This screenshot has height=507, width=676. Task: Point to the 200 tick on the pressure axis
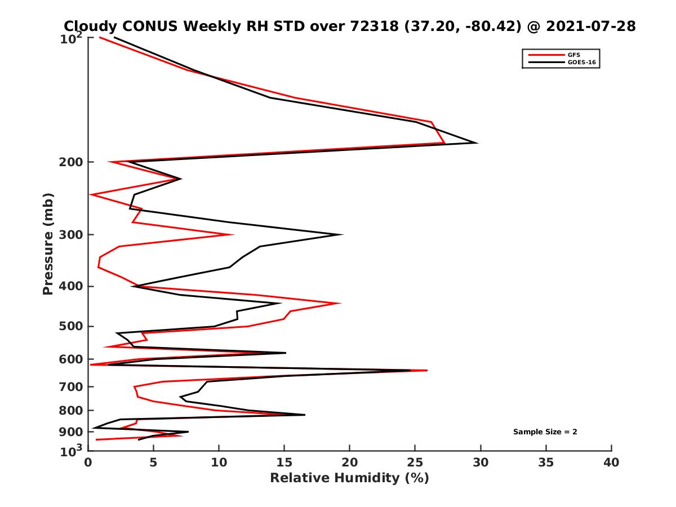[x=72, y=162]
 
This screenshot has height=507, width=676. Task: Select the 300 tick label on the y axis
[x=72, y=235]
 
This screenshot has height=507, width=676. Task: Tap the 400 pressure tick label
[x=72, y=286]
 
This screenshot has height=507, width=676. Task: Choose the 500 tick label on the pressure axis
[x=72, y=326]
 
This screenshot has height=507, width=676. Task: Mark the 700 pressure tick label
[x=72, y=386]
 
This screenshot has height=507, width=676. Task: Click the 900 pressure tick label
[x=72, y=432]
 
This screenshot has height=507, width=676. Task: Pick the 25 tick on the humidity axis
[x=415, y=462]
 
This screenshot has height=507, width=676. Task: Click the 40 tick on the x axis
[x=611, y=462]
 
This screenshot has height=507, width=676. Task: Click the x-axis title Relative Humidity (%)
[x=349, y=478]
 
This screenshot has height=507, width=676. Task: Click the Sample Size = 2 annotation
[x=545, y=432]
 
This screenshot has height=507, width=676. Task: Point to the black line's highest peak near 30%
[x=477, y=143]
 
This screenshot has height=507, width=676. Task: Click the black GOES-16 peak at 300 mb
[x=342, y=234]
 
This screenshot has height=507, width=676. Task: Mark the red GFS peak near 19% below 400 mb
[x=340, y=303]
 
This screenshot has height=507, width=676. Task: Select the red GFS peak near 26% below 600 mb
[x=427, y=370]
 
